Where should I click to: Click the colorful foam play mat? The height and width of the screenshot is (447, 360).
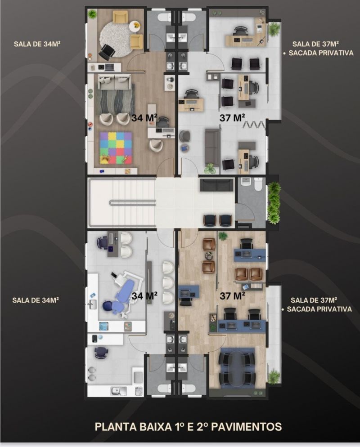coord(116,148)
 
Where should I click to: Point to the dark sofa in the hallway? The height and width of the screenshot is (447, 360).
coord(217,185)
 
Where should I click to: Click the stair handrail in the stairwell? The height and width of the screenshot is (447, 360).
coord(132,203)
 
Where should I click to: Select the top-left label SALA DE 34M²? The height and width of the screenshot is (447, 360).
coord(37,44)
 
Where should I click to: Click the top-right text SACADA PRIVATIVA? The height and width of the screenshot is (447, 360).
coord(321,53)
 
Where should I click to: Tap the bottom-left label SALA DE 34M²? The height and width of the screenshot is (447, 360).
coord(36,300)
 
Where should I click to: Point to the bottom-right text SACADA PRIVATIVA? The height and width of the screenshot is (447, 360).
coord(319,309)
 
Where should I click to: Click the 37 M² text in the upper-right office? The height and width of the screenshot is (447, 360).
coord(232,117)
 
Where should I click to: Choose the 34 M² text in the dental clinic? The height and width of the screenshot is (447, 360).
coord(144,295)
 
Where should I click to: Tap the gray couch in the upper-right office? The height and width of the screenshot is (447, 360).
coord(213,147)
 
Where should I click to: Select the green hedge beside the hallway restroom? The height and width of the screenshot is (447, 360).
coord(274,203)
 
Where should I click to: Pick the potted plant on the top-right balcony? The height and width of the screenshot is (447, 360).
coord(274,28)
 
